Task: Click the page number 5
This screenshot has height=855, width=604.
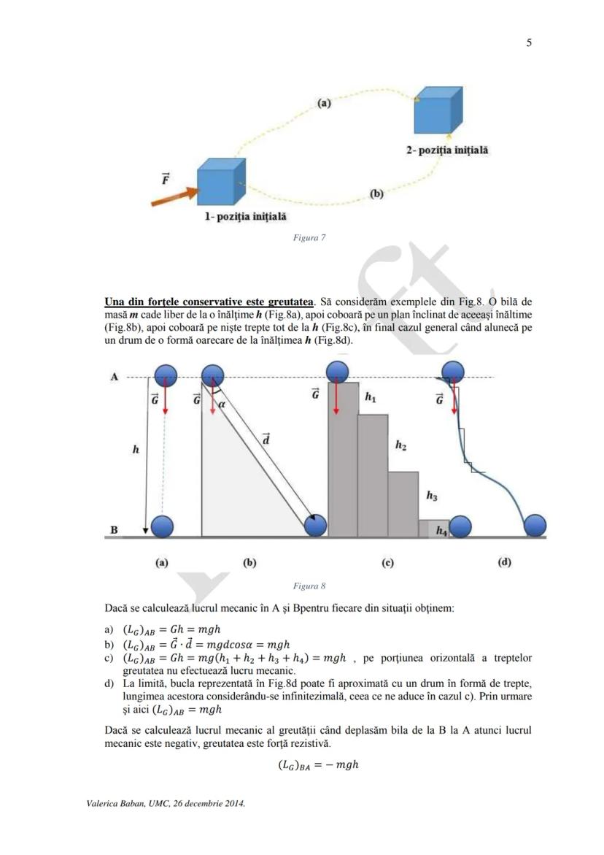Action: click(x=529, y=42)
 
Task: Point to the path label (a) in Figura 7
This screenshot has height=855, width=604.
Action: click(x=324, y=103)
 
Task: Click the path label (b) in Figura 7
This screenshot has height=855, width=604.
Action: click(x=376, y=194)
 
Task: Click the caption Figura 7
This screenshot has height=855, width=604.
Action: click(x=309, y=238)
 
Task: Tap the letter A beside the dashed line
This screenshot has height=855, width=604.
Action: click(x=114, y=377)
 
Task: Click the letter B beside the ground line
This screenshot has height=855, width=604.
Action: click(x=114, y=529)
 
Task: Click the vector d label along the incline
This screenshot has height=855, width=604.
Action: click(x=266, y=439)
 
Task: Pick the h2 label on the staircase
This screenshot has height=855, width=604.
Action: click(x=400, y=445)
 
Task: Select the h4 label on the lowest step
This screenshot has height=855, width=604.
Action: click(x=441, y=531)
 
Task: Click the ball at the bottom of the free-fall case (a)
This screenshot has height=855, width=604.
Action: click(x=161, y=526)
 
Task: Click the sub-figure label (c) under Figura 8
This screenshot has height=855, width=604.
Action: click(x=387, y=562)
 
